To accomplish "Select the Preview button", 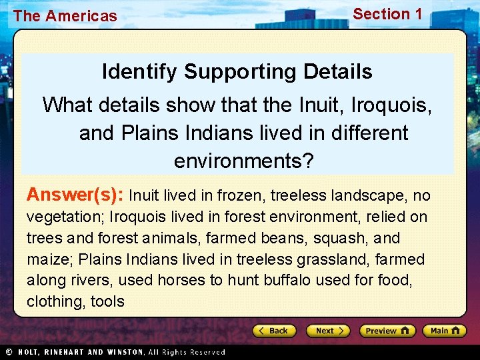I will click(x=387, y=331).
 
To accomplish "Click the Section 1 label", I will click(x=387, y=14).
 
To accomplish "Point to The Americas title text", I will click(x=65, y=16).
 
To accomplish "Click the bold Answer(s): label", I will click(x=75, y=195).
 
